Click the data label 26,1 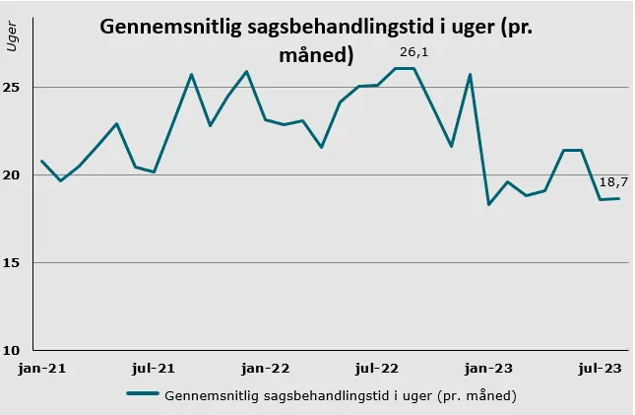[x=413, y=52]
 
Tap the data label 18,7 [x=615, y=182]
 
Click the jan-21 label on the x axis [x=41, y=369]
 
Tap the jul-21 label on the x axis [x=154, y=369]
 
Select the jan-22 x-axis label [x=266, y=369]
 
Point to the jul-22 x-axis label [x=377, y=369]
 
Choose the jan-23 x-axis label [x=489, y=369]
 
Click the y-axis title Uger [x=12, y=40]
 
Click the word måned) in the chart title [x=316, y=55]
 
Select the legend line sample [x=143, y=395]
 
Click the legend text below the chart [x=341, y=395]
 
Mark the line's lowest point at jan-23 [x=489, y=204]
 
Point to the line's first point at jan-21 [x=41, y=161]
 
